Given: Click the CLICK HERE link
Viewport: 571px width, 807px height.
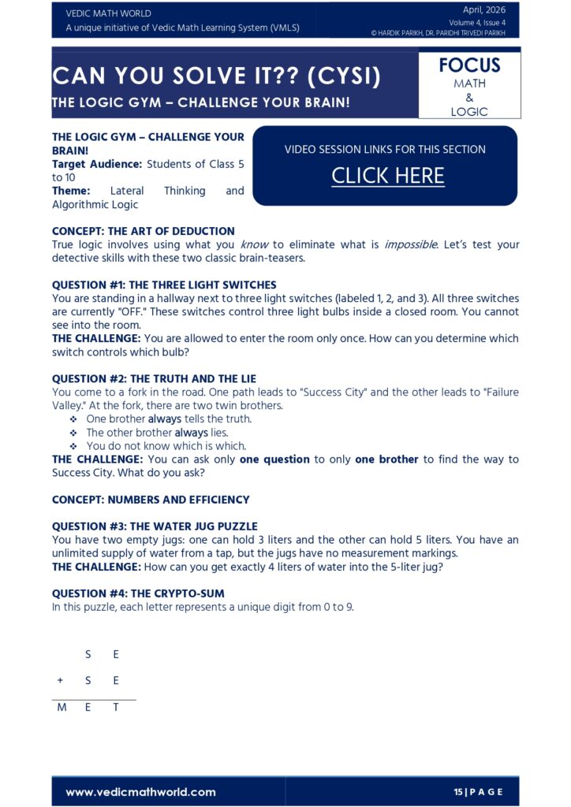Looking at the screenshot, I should pyautogui.click(x=387, y=176).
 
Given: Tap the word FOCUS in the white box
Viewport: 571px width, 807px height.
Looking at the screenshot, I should pyautogui.click(x=469, y=65).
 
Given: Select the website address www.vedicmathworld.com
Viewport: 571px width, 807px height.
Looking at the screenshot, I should pyautogui.click(x=140, y=791).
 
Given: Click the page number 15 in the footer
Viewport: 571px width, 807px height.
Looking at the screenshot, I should pyautogui.click(x=458, y=791).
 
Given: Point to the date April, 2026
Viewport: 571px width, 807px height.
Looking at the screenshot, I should pyautogui.click(x=484, y=10).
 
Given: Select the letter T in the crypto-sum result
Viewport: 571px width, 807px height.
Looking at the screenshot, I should pyautogui.click(x=116, y=707).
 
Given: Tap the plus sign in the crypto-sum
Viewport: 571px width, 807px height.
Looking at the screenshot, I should pyautogui.click(x=61, y=680).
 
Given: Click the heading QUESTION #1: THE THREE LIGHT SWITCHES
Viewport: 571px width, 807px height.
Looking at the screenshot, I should pyautogui.click(x=164, y=284).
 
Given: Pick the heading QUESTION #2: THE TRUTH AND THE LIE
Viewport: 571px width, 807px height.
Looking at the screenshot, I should pyautogui.click(x=154, y=378).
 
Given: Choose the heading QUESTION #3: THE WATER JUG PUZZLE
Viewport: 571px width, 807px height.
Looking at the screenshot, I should pyautogui.click(x=155, y=526).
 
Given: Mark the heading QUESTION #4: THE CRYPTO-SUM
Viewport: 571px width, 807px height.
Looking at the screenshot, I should pyautogui.click(x=138, y=593).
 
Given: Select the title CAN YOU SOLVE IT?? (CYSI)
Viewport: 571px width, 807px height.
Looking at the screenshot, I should pyautogui.click(x=216, y=77).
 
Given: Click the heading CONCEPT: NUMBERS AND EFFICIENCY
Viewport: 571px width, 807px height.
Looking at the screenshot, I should pyautogui.click(x=151, y=500).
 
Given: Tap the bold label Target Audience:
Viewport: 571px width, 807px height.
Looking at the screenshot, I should pyautogui.click(x=97, y=164).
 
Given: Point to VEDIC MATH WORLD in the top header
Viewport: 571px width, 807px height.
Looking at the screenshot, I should pyautogui.click(x=109, y=13).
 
